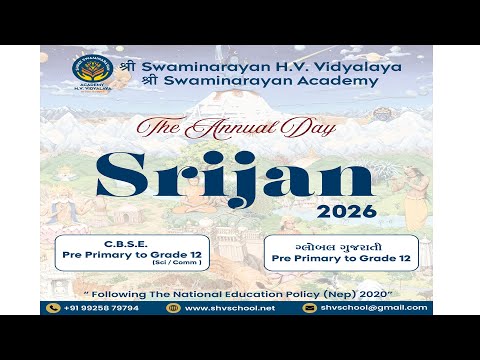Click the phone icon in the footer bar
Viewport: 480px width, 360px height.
[55, 308]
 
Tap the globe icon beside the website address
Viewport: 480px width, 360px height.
[175, 308]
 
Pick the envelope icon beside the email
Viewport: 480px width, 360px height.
[310, 308]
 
